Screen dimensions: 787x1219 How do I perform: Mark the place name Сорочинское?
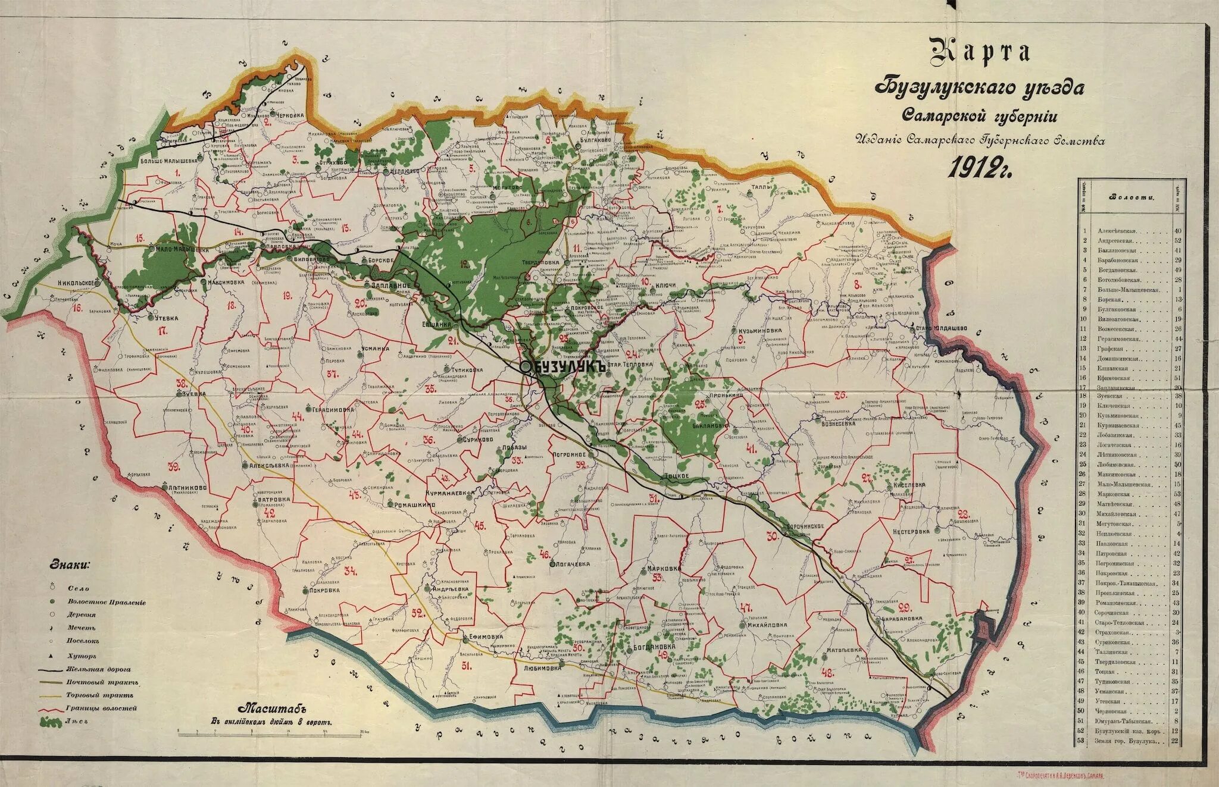pyautogui.click(x=805, y=526)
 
